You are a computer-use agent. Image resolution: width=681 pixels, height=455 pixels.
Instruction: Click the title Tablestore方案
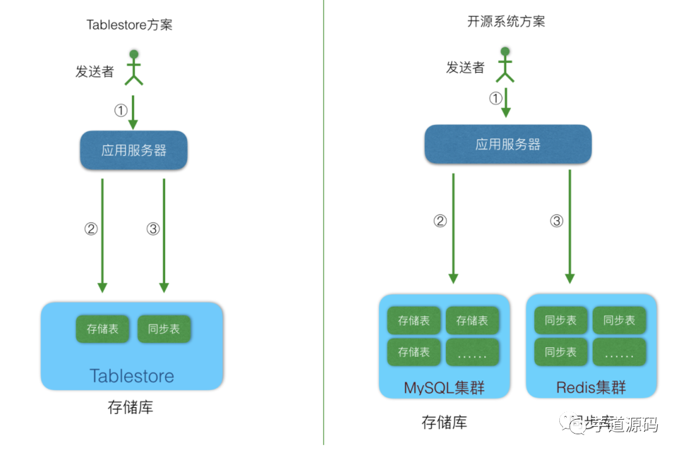129,25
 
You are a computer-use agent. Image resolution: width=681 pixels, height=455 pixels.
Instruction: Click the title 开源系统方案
506,21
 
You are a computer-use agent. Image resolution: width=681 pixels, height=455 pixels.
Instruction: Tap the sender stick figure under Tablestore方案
134,67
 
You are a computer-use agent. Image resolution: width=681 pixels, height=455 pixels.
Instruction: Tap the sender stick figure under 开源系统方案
504,64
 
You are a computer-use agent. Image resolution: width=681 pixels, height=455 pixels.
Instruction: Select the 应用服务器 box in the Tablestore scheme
134,151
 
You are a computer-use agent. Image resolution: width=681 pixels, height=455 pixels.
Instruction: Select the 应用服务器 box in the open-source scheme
508,144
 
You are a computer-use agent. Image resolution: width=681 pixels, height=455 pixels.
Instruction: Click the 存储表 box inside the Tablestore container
102,329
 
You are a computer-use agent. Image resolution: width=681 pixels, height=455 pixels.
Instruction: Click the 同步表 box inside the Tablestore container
164,329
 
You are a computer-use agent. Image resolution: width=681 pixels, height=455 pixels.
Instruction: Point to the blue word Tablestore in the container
132,376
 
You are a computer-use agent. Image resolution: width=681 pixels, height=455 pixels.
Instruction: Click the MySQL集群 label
444,387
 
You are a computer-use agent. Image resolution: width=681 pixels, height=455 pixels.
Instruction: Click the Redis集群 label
591,387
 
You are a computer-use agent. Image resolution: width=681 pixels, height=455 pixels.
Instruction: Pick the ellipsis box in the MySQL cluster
472,352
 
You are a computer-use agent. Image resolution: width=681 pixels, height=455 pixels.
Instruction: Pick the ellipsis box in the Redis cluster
619,352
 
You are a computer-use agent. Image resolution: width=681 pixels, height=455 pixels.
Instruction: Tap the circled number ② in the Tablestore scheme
91,229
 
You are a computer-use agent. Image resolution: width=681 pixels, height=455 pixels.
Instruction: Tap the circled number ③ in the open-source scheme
556,221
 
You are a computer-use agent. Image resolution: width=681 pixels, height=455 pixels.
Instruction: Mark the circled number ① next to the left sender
120,111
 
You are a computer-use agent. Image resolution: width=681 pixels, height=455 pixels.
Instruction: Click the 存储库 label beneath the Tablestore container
131,408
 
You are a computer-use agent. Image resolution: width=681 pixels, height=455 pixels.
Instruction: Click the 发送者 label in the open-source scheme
465,67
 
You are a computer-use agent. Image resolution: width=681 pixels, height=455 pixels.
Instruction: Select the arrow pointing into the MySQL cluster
453,227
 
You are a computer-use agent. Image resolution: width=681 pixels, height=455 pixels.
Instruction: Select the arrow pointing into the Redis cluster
569,227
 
